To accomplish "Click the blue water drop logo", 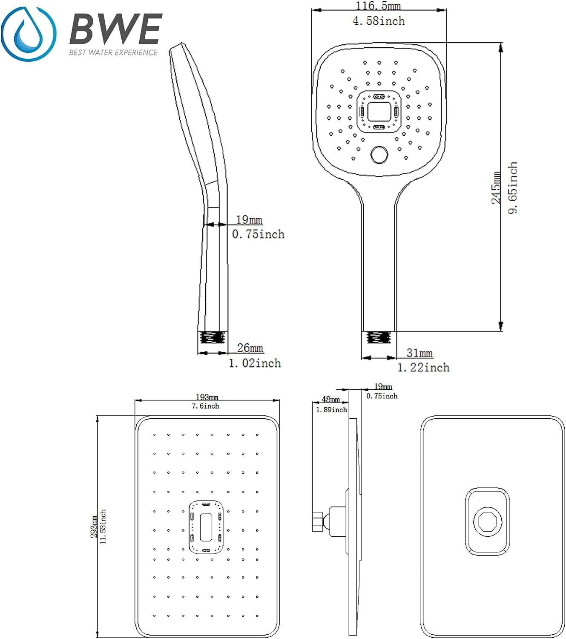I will point(28,34).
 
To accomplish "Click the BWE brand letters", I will point(115,29).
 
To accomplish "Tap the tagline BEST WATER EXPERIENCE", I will point(113,52).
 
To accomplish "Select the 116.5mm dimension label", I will point(378,6).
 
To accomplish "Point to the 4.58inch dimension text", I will point(379,21).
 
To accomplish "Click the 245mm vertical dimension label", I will point(496,187).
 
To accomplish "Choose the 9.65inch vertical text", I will point(513,187).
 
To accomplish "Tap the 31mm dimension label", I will point(419,353).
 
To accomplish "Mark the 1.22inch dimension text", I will point(423,367).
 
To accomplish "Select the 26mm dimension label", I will point(250,348).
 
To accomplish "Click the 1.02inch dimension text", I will point(255,363).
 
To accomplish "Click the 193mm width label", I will point(207,397).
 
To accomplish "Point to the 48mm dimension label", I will point(330,399).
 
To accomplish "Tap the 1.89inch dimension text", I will point(331,410).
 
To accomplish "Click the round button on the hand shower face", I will point(379,155).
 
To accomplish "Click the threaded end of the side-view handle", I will point(212,338).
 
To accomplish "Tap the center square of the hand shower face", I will point(379,112).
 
